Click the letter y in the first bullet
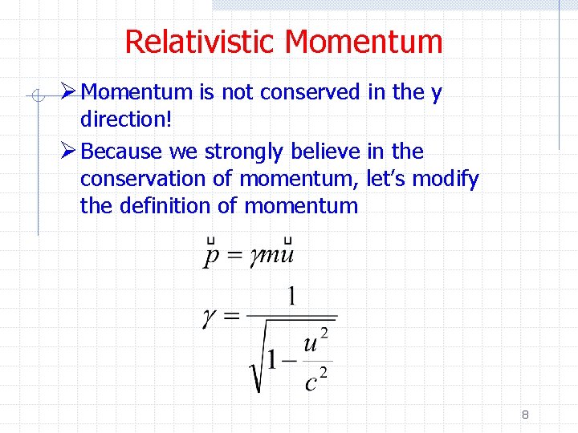(x=436, y=94)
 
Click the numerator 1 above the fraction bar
(x=291, y=297)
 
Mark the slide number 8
(x=525, y=415)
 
